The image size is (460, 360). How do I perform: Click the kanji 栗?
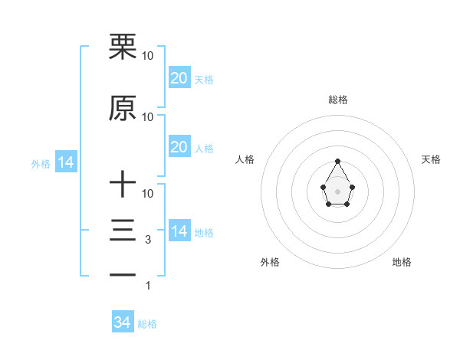pyautogui.click(x=123, y=47)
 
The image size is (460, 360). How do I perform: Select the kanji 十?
pyautogui.click(x=123, y=184)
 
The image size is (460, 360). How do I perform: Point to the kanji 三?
pyautogui.click(x=123, y=231)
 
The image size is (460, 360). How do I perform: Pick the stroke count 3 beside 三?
pyautogui.click(x=147, y=240)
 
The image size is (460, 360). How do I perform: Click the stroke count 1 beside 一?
pyautogui.click(x=147, y=286)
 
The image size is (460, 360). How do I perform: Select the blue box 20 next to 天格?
pyautogui.click(x=179, y=78)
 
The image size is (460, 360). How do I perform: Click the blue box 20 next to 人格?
pyautogui.click(x=179, y=147)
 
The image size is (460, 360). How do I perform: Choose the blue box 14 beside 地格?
pyautogui.click(x=179, y=231)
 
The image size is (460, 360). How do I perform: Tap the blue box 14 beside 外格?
pyautogui.click(x=65, y=162)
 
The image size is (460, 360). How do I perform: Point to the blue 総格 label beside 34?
pyautogui.click(x=147, y=324)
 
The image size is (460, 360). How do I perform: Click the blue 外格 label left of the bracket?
pyautogui.click(x=41, y=163)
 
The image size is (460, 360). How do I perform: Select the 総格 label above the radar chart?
pyautogui.click(x=337, y=100)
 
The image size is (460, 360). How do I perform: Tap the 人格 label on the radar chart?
pyautogui.click(x=245, y=159)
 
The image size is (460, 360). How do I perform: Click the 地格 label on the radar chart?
pyautogui.click(x=402, y=262)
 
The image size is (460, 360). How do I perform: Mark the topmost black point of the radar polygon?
pyautogui.click(x=337, y=161)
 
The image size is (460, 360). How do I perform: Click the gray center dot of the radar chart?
pyautogui.click(x=337, y=191)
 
